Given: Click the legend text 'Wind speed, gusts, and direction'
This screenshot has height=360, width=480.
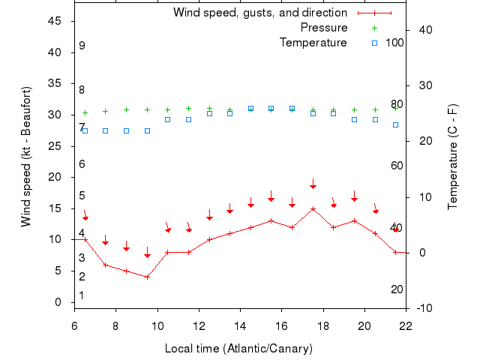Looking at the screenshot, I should click(x=259, y=13).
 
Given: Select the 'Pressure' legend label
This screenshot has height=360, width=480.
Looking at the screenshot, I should click(x=324, y=28).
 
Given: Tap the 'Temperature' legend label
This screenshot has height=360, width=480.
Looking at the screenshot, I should click(x=313, y=43).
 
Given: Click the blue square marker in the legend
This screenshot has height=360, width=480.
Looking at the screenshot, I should click(x=375, y=43).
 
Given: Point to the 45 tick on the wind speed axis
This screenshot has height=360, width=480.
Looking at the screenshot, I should click(x=54, y=21).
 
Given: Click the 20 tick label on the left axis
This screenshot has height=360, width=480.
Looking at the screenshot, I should click(x=54, y=177).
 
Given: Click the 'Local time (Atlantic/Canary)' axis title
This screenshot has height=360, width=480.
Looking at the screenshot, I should click(x=238, y=349).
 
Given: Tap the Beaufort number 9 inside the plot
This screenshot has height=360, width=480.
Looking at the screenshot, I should click(x=82, y=46).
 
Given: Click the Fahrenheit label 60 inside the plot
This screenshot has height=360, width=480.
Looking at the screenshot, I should click(x=397, y=166).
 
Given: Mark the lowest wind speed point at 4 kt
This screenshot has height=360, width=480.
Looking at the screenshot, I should click(x=147, y=277).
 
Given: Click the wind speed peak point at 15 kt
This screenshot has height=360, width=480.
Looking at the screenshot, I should click(x=313, y=208).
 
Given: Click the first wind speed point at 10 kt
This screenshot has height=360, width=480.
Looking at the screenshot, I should click(x=85, y=240).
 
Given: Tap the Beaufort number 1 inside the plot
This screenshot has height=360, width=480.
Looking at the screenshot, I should click(x=82, y=295).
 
